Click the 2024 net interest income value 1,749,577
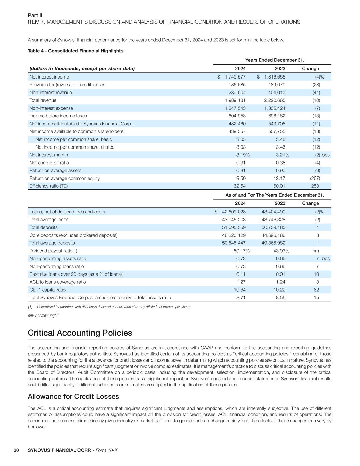pyautogui.click(x=235, y=77)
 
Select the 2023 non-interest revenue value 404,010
pyautogui.click(x=275, y=93)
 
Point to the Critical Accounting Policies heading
pyautogui.click(x=80, y=333)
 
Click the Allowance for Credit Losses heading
pyautogui.click(x=73, y=396)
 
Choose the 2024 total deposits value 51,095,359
pyautogui.click(x=234, y=227)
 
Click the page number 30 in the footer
pyautogui.click(x=16, y=450)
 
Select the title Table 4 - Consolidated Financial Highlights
pyautogui.click(x=75, y=51)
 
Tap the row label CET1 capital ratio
pyautogui.click(x=47, y=290)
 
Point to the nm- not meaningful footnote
pyautogui.click(x=43, y=315)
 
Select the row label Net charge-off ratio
pyautogui.click(x=49, y=163)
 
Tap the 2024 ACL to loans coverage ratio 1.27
pyautogui.click(x=241, y=282)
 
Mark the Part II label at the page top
pyautogui.click(x=35, y=15)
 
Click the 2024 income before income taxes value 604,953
pyautogui.click(x=237, y=116)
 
